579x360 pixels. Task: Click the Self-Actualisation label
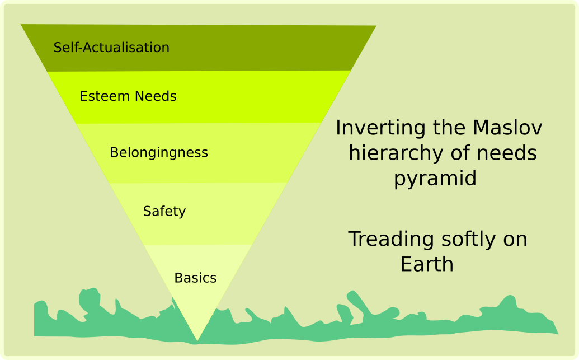click(x=111, y=48)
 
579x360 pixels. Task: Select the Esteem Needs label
click(x=128, y=96)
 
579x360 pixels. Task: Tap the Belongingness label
click(x=159, y=152)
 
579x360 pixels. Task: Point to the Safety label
click(x=164, y=211)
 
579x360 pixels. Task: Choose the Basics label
click(x=195, y=278)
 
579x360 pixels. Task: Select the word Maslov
click(x=507, y=128)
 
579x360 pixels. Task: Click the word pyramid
click(x=435, y=179)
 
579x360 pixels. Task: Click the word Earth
click(x=427, y=264)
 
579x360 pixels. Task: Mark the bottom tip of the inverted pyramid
click(x=197, y=340)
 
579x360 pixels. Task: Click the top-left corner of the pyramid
click(x=22, y=25)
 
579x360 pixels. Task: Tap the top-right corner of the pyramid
click(x=375, y=26)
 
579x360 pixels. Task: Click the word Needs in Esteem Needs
click(x=154, y=96)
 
